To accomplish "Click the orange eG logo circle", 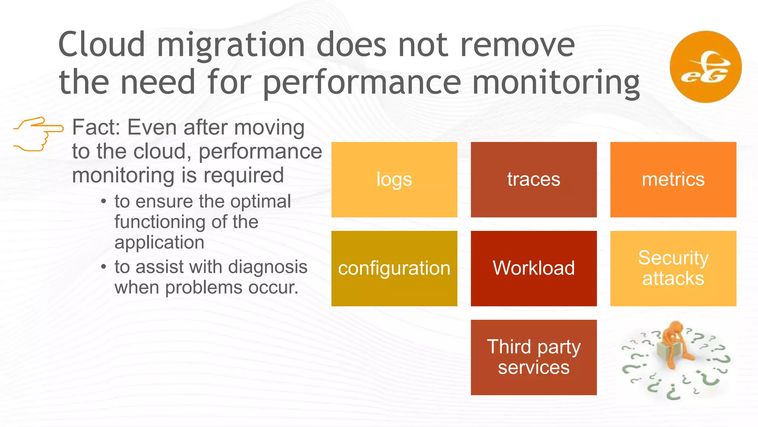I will point(705,67).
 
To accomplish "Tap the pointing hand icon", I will point(38,134).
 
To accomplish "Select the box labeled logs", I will point(394,179).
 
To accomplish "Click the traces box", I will point(534,179).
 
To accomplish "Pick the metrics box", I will point(673,179).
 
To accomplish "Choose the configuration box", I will point(394,268).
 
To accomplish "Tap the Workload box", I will point(534,268).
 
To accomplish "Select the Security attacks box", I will point(673,268).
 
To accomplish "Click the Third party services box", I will point(534,357).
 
